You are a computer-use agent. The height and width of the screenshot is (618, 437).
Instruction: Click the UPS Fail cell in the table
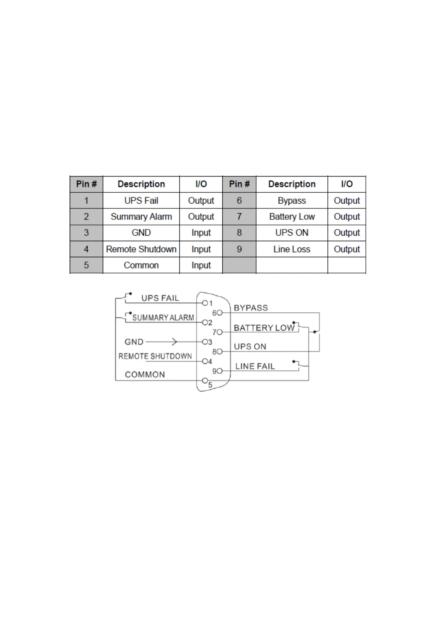click(x=141, y=201)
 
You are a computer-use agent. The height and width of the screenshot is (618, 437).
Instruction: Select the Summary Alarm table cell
click(x=141, y=217)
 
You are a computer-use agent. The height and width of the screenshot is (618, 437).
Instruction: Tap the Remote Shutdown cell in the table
click(x=141, y=249)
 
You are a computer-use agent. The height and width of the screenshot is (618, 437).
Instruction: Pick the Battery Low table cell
click(x=292, y=217)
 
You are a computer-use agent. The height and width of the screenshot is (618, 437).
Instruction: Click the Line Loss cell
click(x=292, y=249)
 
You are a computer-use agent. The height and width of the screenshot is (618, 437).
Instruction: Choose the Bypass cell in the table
click(x=292, y=201)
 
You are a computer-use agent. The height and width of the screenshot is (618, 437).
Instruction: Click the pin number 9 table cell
click(x=239, y=249)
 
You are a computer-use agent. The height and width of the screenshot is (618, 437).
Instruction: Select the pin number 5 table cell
click(x=86, y=265)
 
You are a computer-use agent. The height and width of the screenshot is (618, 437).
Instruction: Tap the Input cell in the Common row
click(x=201, y=265)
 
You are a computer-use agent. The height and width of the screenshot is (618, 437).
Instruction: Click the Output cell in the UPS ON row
click(x=346, y=233)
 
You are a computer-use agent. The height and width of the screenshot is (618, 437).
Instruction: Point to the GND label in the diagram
click(x=134, y=342)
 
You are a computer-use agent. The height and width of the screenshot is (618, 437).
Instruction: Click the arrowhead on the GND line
click(x=175, y=342)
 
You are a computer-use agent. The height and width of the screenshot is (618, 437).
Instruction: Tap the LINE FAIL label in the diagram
click(x=255, y=366)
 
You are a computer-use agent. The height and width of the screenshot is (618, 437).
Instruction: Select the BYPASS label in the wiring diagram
click(x=251, y=308)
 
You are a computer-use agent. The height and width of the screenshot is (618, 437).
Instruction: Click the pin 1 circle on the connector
click(x=205, y=303)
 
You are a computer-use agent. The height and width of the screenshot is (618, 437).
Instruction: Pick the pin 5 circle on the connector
click(x=205, y=381)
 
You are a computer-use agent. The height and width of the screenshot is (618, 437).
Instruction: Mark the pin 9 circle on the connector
click(x=220, y=371)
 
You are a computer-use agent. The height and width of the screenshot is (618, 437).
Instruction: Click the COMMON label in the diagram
click(x=145, y=375)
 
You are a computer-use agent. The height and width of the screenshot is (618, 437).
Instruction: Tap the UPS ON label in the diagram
click(x=250, y=347)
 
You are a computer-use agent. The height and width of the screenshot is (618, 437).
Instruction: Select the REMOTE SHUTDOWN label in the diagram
click(x=155, y=356)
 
